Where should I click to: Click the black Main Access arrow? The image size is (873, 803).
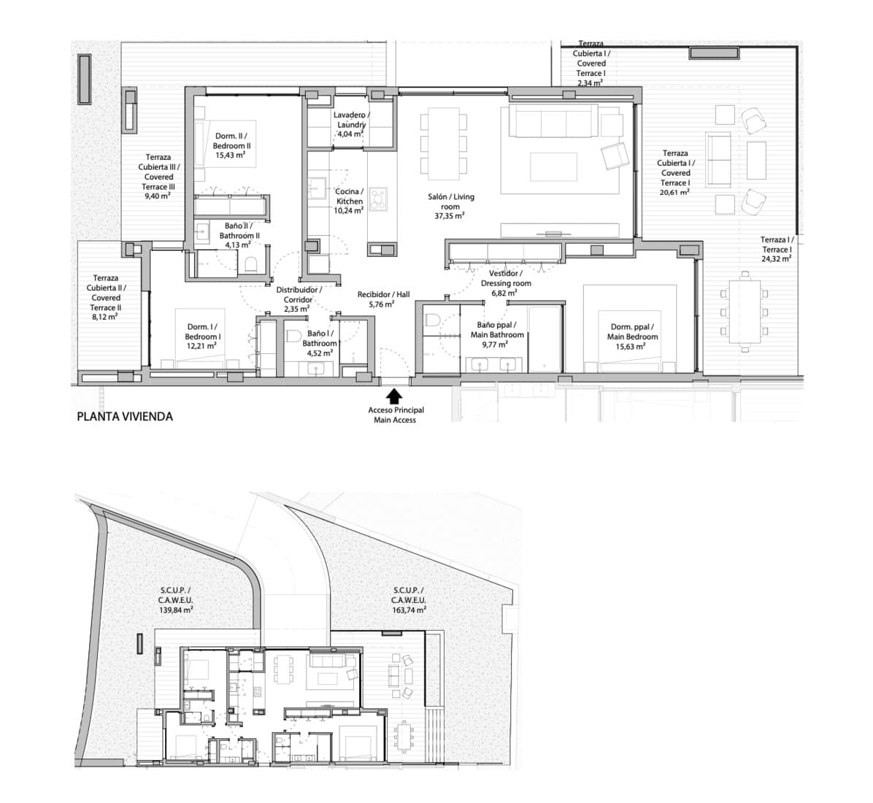[394, 396]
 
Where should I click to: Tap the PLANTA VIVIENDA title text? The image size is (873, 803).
[125, 417]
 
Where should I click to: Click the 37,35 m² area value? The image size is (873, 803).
[450, 216]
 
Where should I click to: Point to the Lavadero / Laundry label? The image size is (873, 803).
[351, 120]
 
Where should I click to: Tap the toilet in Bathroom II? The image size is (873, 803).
[250, 264]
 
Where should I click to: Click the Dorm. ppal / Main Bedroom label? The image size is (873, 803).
[632, 332]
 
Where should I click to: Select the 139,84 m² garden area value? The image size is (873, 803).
[177, 610]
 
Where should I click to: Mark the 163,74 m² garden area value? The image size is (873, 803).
[409, 610]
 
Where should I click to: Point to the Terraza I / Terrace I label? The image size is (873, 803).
[776, 245]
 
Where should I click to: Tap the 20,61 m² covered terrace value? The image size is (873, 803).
[675, 192]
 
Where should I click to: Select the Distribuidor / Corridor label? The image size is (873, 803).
[299, 294]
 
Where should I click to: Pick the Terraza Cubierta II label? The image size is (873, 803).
[107, 288]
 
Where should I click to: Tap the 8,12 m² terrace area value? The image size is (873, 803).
[107, 317]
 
